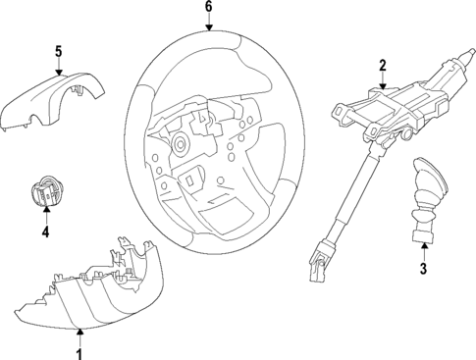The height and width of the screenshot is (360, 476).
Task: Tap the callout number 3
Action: point(423,268)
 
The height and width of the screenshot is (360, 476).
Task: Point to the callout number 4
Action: point(44,232)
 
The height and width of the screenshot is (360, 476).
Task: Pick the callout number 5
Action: point(58,51)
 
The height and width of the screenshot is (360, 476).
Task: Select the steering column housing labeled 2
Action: point(393,103)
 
